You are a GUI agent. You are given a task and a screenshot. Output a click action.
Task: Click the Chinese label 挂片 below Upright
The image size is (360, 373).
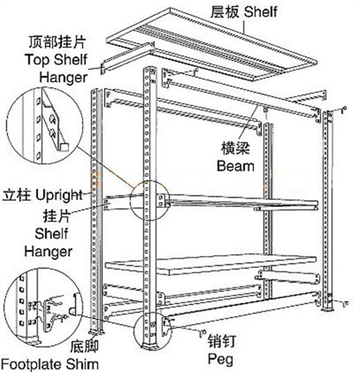[58, 214]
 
